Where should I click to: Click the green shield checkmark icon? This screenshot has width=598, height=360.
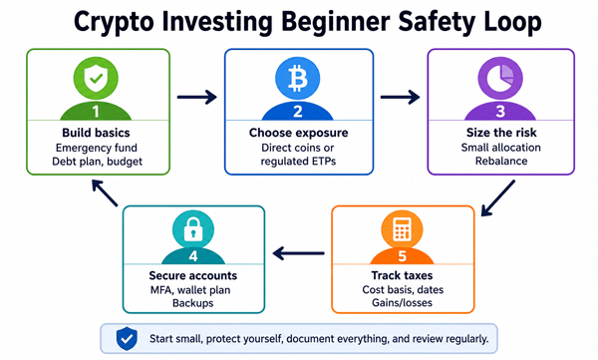click(x=96, y=78)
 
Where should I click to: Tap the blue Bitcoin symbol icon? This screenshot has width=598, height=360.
click(x=298, y=78)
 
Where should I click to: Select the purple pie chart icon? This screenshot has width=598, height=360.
click(x=500, y=78)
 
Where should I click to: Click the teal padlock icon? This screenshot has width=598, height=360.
click(x=193, y=229)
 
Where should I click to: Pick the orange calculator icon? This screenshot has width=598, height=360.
click(x=402, y=229)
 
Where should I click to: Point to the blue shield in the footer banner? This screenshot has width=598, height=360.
click(x=127, y=338)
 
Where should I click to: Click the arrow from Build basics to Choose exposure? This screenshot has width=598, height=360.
click(x=196, y=97)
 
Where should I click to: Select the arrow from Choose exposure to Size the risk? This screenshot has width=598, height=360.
click(x=400, y=97)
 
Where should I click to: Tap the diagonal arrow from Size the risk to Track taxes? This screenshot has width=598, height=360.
click(x=498, y=198)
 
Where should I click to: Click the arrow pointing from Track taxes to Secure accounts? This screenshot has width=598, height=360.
click(x=299, y=253)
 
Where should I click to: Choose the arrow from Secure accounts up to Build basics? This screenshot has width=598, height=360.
click(x=105, y=193)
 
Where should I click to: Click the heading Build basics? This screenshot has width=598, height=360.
click(x=96, y=133)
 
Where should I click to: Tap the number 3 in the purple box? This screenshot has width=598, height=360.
click(x=500, y=111)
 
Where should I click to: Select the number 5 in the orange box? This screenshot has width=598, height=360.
click(x=402, y=256)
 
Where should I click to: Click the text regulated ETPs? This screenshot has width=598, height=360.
click(x=298, y=162)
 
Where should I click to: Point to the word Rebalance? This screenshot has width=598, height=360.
click(x=501, y=161)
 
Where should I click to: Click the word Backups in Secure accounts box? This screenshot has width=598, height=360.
click(x=193, y=303)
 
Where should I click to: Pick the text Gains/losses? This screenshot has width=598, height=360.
click(x=402, y=303)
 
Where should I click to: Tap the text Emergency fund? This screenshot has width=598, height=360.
click(x=96, y=148)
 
